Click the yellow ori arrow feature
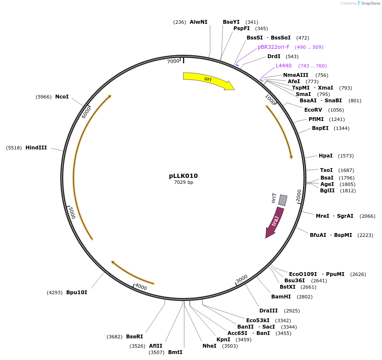click(x=208, y=81)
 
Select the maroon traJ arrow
click(x=273, y=222)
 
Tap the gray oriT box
click(x=282, y=200)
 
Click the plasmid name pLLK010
click(x=183, y=176)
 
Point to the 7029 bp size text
click(x=183, y=183)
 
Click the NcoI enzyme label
click(x=62, y=97)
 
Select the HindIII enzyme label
click(x=36, y=148)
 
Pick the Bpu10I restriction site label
click(x=77, y=292)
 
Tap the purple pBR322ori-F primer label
click(x=273, y=47)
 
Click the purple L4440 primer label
click(x=284, y=66)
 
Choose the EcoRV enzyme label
click(x=313, y=110)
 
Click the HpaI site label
click(x=326, y=156)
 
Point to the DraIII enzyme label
click(x=269, y=311)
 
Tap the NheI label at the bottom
click(x=209, y=346)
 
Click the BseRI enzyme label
click(x=135, y=337)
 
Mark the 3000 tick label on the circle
click(x=242, y=279)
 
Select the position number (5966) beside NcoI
click(x=43, y=97)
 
